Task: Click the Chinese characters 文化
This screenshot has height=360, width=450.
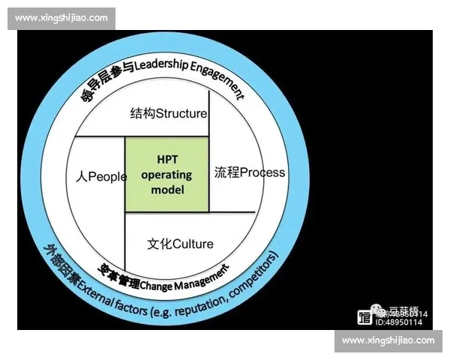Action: pos(155,244)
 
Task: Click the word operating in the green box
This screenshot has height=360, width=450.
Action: pos(167,175)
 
